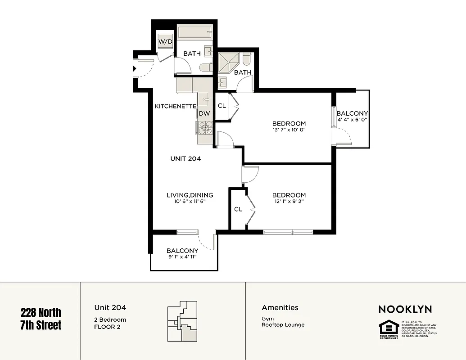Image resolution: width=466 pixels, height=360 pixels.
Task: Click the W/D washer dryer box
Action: pos(165,41)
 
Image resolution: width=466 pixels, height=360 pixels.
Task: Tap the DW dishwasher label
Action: pos(204,113)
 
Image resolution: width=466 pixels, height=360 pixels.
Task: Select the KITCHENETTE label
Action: pos(175,106)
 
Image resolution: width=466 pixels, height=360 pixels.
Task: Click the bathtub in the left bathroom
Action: pos(195,32)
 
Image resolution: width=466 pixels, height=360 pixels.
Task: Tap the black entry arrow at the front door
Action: pos(135,69)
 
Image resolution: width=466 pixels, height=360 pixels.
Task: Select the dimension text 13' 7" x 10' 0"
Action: pos(289,130)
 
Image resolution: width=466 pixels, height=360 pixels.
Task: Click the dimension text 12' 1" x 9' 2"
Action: pos(289,202)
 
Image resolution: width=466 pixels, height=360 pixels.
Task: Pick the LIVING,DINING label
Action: pos(190,195)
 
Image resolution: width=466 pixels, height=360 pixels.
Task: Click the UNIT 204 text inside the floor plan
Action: pos(185,158)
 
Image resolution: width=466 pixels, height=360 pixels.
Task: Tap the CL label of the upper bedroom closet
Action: pos(222,106)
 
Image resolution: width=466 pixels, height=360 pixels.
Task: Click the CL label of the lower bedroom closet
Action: pos(238,209)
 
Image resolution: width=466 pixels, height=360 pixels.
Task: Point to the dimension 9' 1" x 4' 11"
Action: pos(182,257)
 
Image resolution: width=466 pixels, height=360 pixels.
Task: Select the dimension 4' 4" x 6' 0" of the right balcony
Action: pos(352,120)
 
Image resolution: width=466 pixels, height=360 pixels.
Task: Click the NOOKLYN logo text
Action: pos(405,309)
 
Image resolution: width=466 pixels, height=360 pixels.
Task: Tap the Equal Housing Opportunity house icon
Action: pos(388,327)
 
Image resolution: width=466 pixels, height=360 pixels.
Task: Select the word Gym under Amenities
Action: pos(267,318)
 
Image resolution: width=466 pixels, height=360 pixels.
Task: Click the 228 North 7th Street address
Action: pos(41,318)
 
